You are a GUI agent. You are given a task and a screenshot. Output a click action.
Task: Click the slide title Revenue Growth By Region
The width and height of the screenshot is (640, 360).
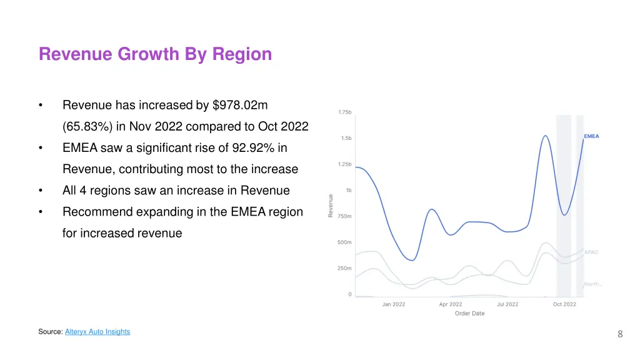click(155, 54)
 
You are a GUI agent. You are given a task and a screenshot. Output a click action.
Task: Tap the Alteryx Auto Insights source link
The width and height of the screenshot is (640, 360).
click(97, 332)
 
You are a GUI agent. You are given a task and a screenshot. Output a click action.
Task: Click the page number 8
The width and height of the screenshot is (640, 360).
click(620, 334)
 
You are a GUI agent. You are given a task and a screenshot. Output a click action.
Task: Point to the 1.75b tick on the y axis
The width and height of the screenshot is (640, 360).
click(345, 112)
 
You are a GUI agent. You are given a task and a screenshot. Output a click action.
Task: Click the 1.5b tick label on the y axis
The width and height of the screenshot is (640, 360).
click(346, 138)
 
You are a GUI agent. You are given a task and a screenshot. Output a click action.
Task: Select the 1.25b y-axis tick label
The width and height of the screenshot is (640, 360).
click(345, 164)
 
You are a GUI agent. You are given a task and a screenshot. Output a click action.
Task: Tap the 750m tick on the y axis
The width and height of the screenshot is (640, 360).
click(345, 216)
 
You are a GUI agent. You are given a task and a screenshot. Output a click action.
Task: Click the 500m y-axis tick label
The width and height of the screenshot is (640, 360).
click(345, 242)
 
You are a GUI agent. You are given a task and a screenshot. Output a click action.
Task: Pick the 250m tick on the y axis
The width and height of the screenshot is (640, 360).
click(345, 269)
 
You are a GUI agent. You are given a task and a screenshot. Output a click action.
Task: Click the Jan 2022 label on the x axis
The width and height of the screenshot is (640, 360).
click(394, 304)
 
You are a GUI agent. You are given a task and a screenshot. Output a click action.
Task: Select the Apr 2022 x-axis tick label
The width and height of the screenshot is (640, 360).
click(451, 304)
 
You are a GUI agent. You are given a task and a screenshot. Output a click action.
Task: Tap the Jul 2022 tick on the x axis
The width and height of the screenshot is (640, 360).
click(507, 304)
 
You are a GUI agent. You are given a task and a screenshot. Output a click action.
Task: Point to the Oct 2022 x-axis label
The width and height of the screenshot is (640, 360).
click(564, 304)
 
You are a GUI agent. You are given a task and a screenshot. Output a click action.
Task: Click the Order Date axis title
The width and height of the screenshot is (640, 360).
click(469, 314)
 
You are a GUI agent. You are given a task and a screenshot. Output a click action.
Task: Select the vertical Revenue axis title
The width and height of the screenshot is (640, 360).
click(331, 206)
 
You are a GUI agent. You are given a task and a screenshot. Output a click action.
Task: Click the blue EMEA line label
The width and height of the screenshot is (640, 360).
click(591, 136)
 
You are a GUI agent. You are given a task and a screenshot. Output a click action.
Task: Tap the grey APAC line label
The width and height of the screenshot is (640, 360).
click(591, 252)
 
